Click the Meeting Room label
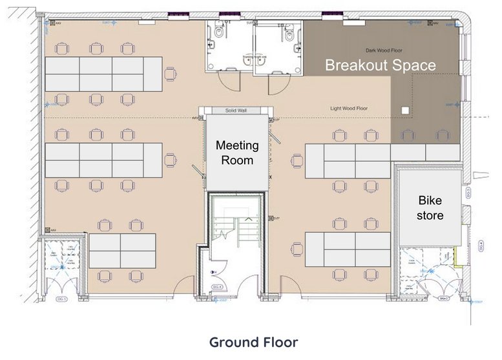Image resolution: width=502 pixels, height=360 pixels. click(x=236, y=153)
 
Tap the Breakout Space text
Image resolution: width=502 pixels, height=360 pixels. click(x=380, y=65)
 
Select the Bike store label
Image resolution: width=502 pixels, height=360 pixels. click(x=430, y=207)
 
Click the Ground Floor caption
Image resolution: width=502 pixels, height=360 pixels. click(x=253, y=342)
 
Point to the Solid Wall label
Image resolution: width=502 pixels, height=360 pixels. click(x=236, y=111)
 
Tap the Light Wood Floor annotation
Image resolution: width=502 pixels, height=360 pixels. click(x=349, y=109)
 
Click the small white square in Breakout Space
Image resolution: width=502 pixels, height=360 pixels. click(x=404, y=111)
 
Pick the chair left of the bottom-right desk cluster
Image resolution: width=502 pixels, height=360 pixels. click(x=297, y=249)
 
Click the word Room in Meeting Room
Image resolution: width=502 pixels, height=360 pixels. click(x=236, y=160)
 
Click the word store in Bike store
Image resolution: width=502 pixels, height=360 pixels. click(x=430, y=215)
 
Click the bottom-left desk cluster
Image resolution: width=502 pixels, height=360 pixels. click(x=122, y=251)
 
